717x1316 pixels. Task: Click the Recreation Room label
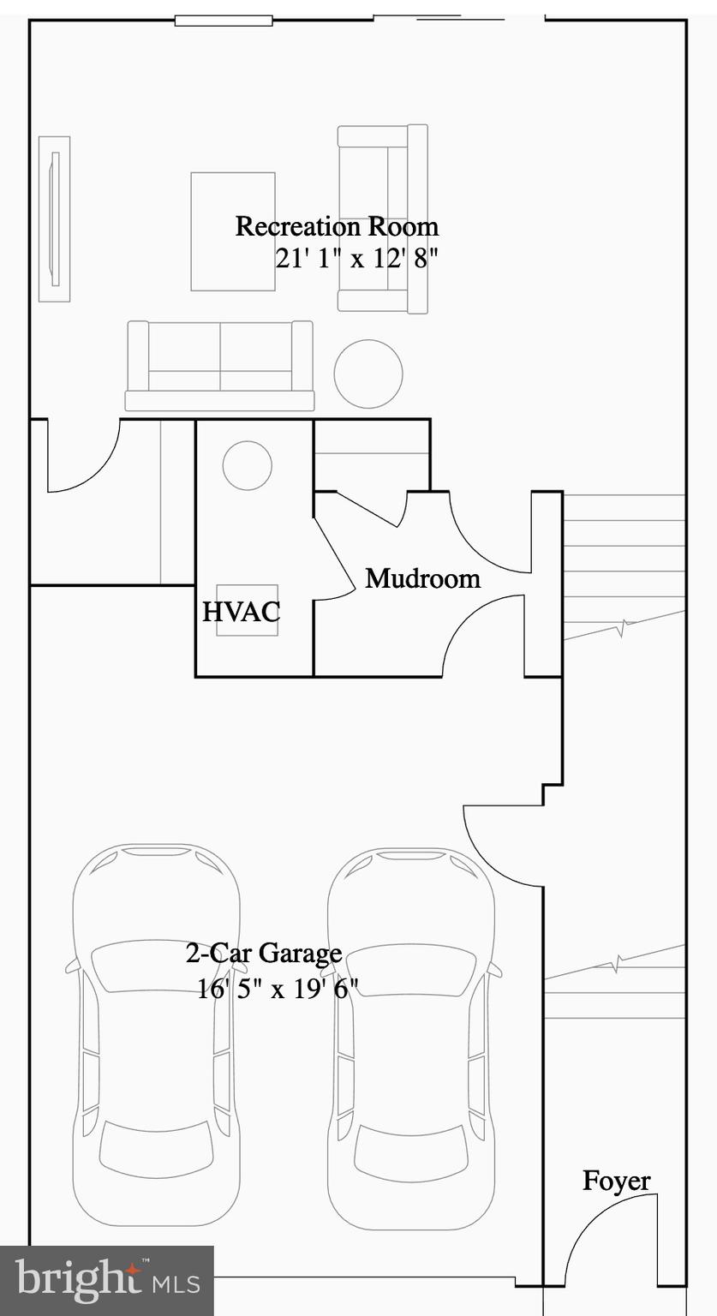(x=337, y=227)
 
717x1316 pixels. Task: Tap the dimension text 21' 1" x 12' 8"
(x=356, y=258)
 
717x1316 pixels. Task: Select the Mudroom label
(x=422, y=578)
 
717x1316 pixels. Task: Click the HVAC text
(x=241, y=613)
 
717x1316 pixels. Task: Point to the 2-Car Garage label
(x=264, y=953)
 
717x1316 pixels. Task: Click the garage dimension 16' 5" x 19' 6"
(x=278, y=989)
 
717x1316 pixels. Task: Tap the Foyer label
(x=616, y=1181)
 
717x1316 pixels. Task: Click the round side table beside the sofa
(x=368, y=374)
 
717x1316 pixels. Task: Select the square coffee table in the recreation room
(x=233, y=231)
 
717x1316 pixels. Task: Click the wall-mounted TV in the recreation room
(x=55, y=218)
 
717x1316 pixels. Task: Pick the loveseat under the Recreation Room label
(x=382, y=218)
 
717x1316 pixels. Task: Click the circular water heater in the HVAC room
(x=248, y=466)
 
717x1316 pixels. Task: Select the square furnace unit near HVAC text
(x=247, y=610)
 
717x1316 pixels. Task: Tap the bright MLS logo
(x=107, y=1280)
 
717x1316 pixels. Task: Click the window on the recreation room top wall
(x=224, y=21)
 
